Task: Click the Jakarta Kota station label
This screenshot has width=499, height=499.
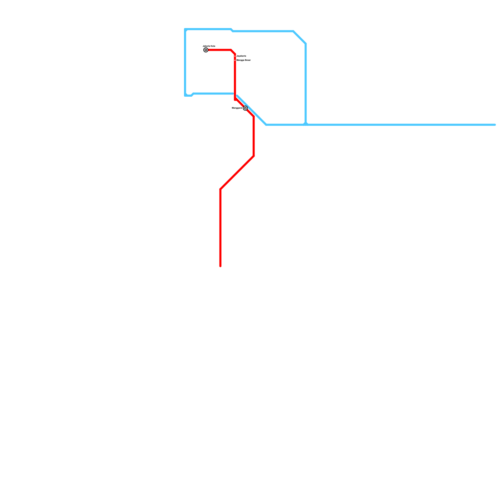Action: [209, 46]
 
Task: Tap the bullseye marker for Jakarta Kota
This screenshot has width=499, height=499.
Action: [206, 50]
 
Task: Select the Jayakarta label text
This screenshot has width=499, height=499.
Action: [241, 56]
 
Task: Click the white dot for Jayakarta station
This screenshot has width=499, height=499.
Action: [235, 56]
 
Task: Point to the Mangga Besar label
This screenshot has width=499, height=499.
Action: [243, 60]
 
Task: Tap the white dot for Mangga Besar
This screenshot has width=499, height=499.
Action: [235, 60]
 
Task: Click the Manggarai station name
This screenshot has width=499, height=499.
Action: [237, 108]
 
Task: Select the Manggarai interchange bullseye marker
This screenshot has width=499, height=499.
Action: [245, 108]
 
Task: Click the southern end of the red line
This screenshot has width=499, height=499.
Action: [220, 266]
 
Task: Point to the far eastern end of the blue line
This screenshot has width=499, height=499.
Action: [495, 125]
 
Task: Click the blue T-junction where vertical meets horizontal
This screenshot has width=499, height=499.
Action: [306, 124]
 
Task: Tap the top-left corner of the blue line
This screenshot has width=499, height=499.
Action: [186, 30]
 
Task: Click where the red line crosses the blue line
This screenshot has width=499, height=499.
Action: [235, 94]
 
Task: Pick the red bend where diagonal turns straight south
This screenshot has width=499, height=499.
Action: [220, 189]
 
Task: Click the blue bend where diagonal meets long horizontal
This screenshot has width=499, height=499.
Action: [266, 125]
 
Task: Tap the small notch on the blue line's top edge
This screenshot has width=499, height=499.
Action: [232, 30]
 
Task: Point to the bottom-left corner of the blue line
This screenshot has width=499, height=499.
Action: [186, 95]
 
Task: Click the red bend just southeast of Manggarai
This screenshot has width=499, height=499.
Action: [254, 117]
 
